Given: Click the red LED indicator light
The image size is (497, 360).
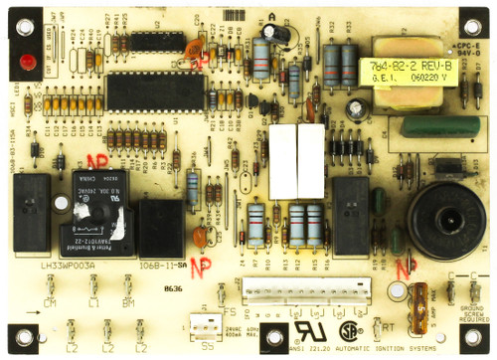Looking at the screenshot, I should click(21, 63).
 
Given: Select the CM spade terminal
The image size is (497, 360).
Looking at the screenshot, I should click(50, 289).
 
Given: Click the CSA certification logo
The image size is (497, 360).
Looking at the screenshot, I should click(349, 328).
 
